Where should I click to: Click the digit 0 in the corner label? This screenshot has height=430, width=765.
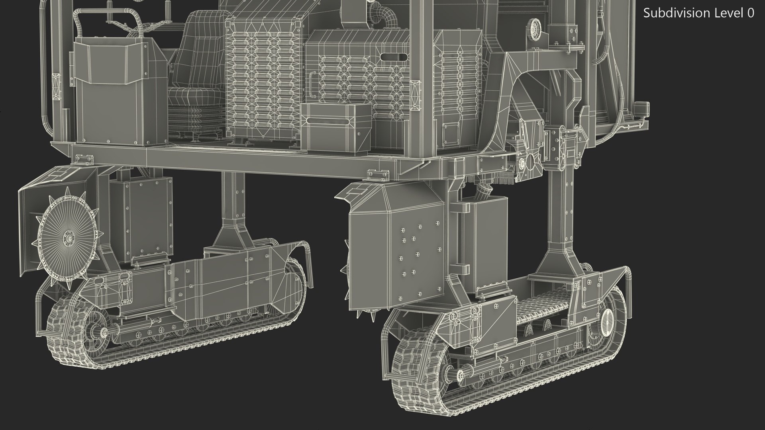pyautogui.click(x=751, y=13)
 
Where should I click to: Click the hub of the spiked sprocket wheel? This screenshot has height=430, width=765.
pyautogui.click(x=67, y=238)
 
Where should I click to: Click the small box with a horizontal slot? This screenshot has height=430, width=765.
pyautogui.click(x=336, y=128)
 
